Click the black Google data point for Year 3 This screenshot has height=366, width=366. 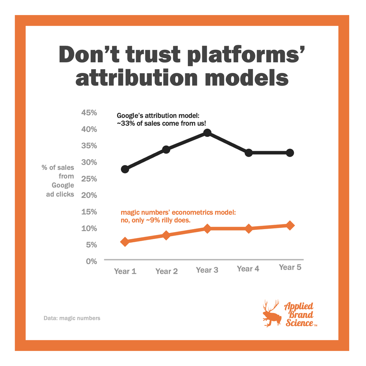tap(207, 133)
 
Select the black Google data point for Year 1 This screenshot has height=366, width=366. tap(125, 169)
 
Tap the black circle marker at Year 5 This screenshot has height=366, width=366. tap(290, 153)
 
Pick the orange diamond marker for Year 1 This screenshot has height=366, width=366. tap(125, 242)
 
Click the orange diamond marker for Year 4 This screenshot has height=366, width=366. tap(249, 228)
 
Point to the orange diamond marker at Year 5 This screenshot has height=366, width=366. tap(290, 225)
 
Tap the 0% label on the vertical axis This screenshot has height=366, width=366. tap(91, 261)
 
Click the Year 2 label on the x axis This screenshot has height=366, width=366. tap(167, 271)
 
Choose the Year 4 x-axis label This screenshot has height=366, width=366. tap(248, 269)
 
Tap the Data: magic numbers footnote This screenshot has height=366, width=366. tap(72, 318)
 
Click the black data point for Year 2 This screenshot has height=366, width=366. tap(166, 149)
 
